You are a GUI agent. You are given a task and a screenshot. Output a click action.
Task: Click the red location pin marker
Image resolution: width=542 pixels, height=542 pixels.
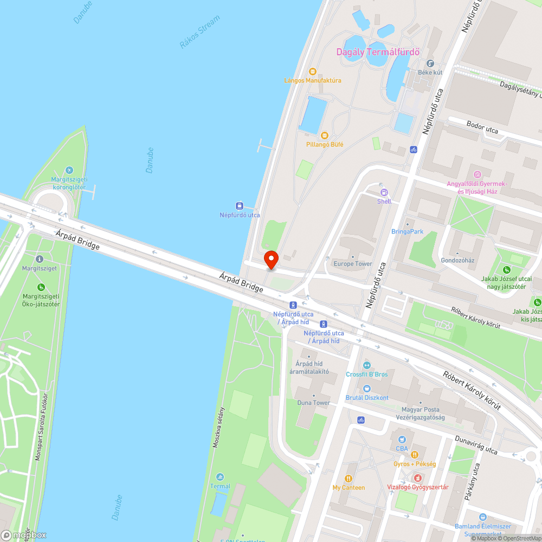coord(270,259)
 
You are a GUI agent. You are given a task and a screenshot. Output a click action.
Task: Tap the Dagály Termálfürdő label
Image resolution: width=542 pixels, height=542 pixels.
coord(378,53)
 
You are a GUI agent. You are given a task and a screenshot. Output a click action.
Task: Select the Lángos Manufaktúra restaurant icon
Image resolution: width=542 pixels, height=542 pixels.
coord(312,72)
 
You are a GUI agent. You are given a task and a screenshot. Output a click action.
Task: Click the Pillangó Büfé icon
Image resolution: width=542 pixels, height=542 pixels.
coord(324,135)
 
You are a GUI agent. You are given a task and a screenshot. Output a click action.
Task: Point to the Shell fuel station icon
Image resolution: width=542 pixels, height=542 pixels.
coord(384,192)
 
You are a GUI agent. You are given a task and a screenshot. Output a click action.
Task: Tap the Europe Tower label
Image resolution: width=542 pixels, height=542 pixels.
coord(352,264)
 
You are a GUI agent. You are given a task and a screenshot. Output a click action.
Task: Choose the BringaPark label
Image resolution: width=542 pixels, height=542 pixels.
coord(407,232)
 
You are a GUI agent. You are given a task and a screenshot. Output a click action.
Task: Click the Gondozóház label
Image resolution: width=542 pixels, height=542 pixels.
coord(457,260)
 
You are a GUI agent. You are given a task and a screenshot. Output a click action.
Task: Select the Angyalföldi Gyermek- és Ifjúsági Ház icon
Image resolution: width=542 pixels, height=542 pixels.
coord(477,175)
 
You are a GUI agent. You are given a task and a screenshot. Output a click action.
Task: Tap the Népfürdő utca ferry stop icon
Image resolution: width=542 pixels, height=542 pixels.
coord(239,205)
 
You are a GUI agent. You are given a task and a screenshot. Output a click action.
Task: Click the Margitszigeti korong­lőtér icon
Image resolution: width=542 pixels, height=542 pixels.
coord(68,171)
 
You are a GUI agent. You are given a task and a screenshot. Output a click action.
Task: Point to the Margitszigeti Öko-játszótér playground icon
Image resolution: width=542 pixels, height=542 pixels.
coord(41,287)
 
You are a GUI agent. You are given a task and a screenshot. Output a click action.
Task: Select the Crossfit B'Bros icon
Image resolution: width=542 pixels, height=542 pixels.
coord(367,365)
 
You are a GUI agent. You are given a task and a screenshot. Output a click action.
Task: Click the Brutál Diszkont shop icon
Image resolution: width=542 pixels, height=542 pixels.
coord(367,389)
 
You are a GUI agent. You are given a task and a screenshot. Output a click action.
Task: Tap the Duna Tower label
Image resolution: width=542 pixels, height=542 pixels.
coord(313,403)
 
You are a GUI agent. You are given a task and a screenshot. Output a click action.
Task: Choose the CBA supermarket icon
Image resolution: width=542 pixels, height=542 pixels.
coord(402,440)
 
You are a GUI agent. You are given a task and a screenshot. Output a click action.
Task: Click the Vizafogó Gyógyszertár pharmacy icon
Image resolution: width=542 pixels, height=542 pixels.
coord(417,478)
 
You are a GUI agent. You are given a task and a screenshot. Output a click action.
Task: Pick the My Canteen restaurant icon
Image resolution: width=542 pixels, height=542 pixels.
coord(348,479)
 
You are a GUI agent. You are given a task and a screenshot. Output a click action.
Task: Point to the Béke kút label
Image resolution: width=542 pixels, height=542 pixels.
coord(430,72)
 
